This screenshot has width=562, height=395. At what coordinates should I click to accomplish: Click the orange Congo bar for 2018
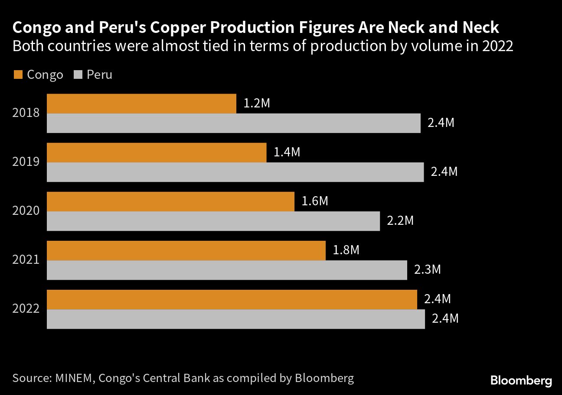pos(141,104)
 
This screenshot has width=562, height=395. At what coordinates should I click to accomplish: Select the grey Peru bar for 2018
pos(233,123)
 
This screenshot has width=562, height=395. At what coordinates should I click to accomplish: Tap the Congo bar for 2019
pos(156,152)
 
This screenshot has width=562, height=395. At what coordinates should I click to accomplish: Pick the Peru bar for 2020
pos(213,221)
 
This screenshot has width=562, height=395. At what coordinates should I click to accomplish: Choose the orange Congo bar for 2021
pos(186,250)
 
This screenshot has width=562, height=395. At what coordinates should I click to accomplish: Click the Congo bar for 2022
pos(232,299)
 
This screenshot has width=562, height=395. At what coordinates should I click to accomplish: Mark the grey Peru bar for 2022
pos(235,319)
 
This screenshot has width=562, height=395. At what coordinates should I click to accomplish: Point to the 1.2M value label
pos(257,104)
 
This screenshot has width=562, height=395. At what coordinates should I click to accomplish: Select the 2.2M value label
pos(400,221)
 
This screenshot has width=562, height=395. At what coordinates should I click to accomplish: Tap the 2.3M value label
pos(427,270)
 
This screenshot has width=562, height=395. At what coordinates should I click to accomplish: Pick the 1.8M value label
pos(346,251)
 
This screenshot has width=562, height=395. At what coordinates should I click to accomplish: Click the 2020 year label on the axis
pos(26,211)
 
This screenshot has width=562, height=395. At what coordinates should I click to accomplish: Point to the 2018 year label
pos(26,113)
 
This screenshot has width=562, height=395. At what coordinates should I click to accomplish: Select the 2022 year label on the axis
pos(26,309)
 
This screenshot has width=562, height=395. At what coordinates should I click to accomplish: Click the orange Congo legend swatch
pos(17,74)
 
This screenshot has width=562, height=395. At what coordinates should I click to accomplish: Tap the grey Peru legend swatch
pos(78,74)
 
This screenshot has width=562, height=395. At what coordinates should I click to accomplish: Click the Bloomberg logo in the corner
pos(521,381)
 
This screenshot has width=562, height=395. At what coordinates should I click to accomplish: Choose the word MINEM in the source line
pos(74,378)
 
